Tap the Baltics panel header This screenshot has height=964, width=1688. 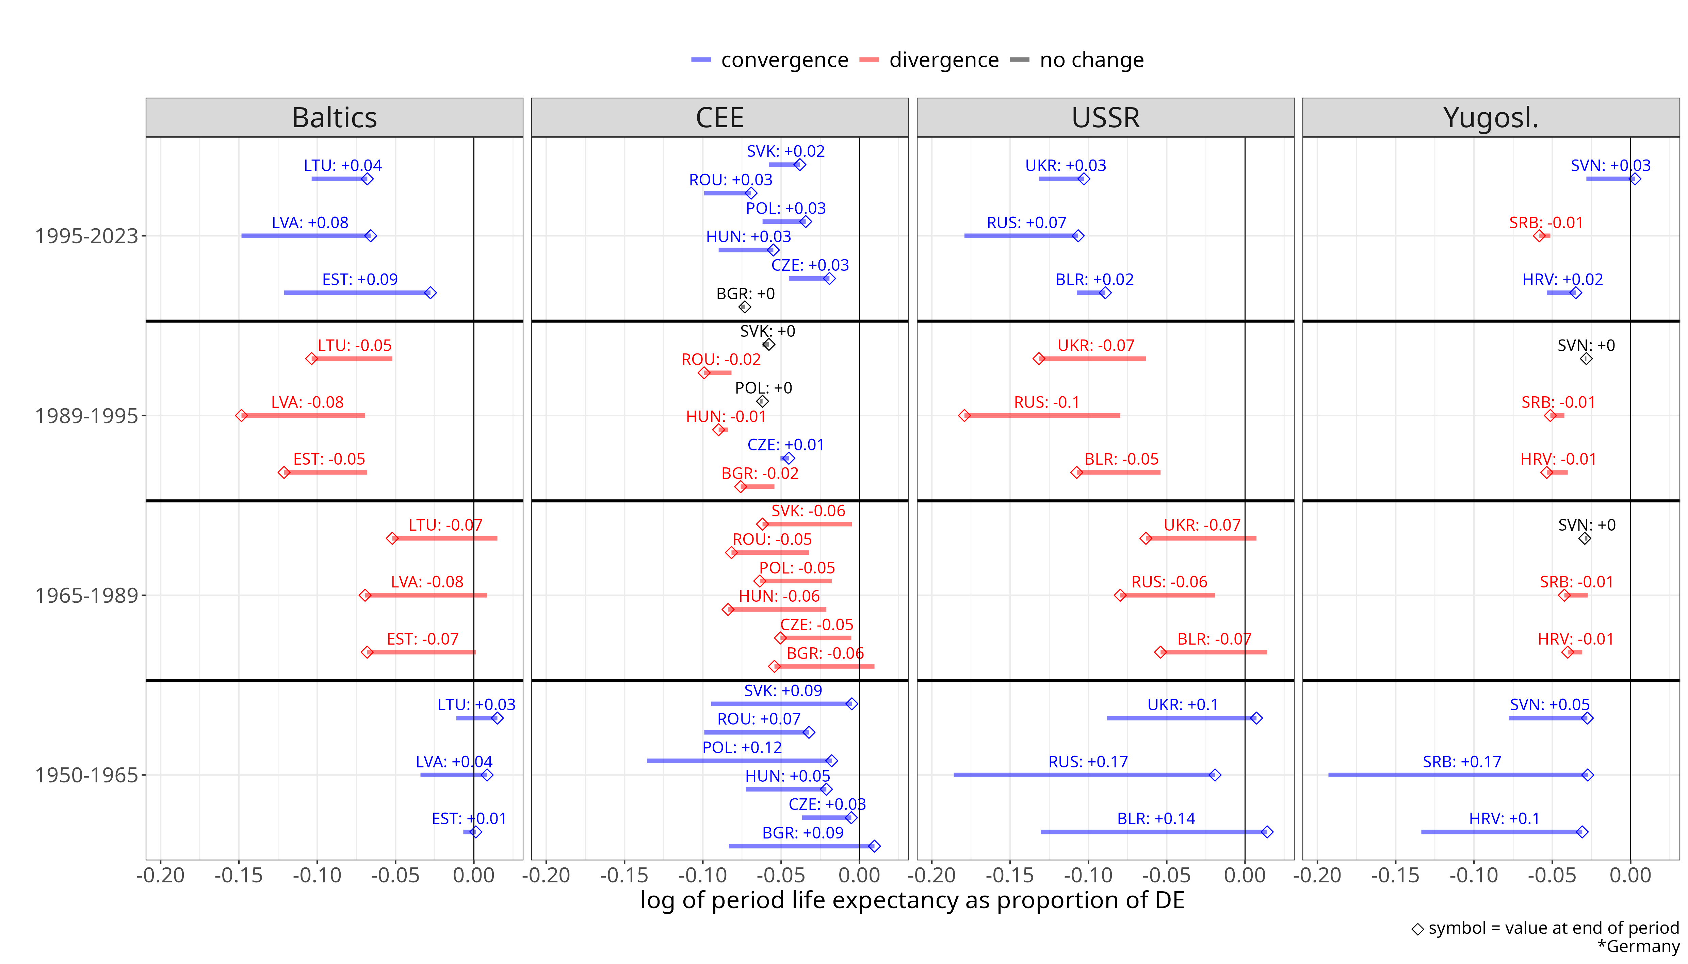click(x=335, y=118)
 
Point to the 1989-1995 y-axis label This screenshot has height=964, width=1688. click(x=86, y=416)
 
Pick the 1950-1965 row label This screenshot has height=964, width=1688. click(x=86, y=775)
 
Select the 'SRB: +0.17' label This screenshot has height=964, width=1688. click(x=1462, y=761)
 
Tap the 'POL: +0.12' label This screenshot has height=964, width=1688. click(x=742, y=748)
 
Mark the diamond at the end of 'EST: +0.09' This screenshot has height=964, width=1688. click(x=431, y=293)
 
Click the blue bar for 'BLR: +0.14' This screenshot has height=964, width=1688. click(x=1152, y=832)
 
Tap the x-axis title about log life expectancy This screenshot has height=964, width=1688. click(x=912, y=900)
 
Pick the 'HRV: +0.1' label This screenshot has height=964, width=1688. click(x=1504, y=818)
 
